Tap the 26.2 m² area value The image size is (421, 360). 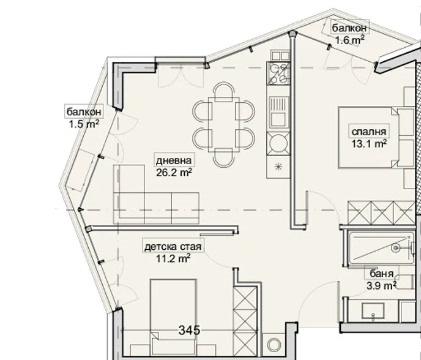click(174, 172)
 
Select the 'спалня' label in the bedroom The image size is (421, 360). click(368, 132)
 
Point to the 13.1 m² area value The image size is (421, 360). click(368, 144)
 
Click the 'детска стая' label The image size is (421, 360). click(173, 247)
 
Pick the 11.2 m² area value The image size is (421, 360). click(173, 258)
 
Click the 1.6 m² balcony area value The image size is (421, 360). click(349, 40)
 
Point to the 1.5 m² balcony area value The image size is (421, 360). click(84, 123)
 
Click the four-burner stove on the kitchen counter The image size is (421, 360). click(278, 74)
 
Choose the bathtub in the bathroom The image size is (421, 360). click(376, 248)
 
